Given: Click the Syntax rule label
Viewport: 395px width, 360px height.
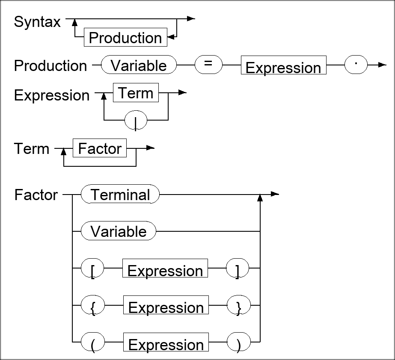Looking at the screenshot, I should coord(38,22).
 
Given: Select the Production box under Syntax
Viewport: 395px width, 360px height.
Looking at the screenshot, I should coord(125,38).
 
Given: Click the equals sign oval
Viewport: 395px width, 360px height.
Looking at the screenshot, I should coord(208,65).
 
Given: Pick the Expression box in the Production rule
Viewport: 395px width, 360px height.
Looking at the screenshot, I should coord(283,67).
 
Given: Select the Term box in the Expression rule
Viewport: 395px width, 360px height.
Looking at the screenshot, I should coord(136,93).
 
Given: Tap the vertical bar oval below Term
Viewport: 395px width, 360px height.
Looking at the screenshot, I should coord(136,121).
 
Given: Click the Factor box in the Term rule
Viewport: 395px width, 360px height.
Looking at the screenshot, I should coord(100,148).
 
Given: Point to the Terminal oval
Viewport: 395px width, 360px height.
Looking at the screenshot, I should coord(120,195).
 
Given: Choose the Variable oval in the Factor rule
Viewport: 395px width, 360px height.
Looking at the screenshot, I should coord(119,231).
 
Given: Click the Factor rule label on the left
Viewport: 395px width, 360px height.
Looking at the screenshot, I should coord(36,195).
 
